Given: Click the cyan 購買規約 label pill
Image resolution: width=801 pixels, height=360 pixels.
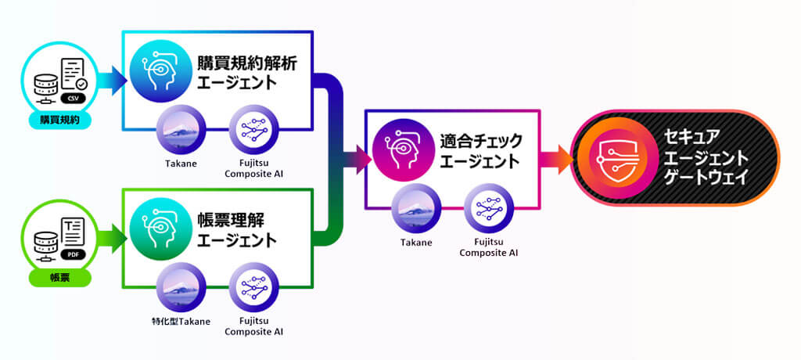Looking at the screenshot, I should point(60,121).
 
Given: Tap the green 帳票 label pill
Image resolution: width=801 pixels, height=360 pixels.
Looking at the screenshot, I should point(60,278).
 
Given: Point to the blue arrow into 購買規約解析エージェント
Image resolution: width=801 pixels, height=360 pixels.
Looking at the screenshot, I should point(113,81).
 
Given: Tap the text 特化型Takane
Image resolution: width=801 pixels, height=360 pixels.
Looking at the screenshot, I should point(181,321).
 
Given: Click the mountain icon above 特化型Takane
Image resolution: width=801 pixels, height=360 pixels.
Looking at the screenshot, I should point(181,287).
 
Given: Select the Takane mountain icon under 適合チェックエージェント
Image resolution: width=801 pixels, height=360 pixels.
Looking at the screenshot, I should point(416,208).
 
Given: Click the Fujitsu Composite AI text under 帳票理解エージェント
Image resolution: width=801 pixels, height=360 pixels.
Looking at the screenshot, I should point(253,326).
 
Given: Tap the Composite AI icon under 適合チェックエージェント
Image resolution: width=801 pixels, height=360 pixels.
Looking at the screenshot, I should point(489,208).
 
